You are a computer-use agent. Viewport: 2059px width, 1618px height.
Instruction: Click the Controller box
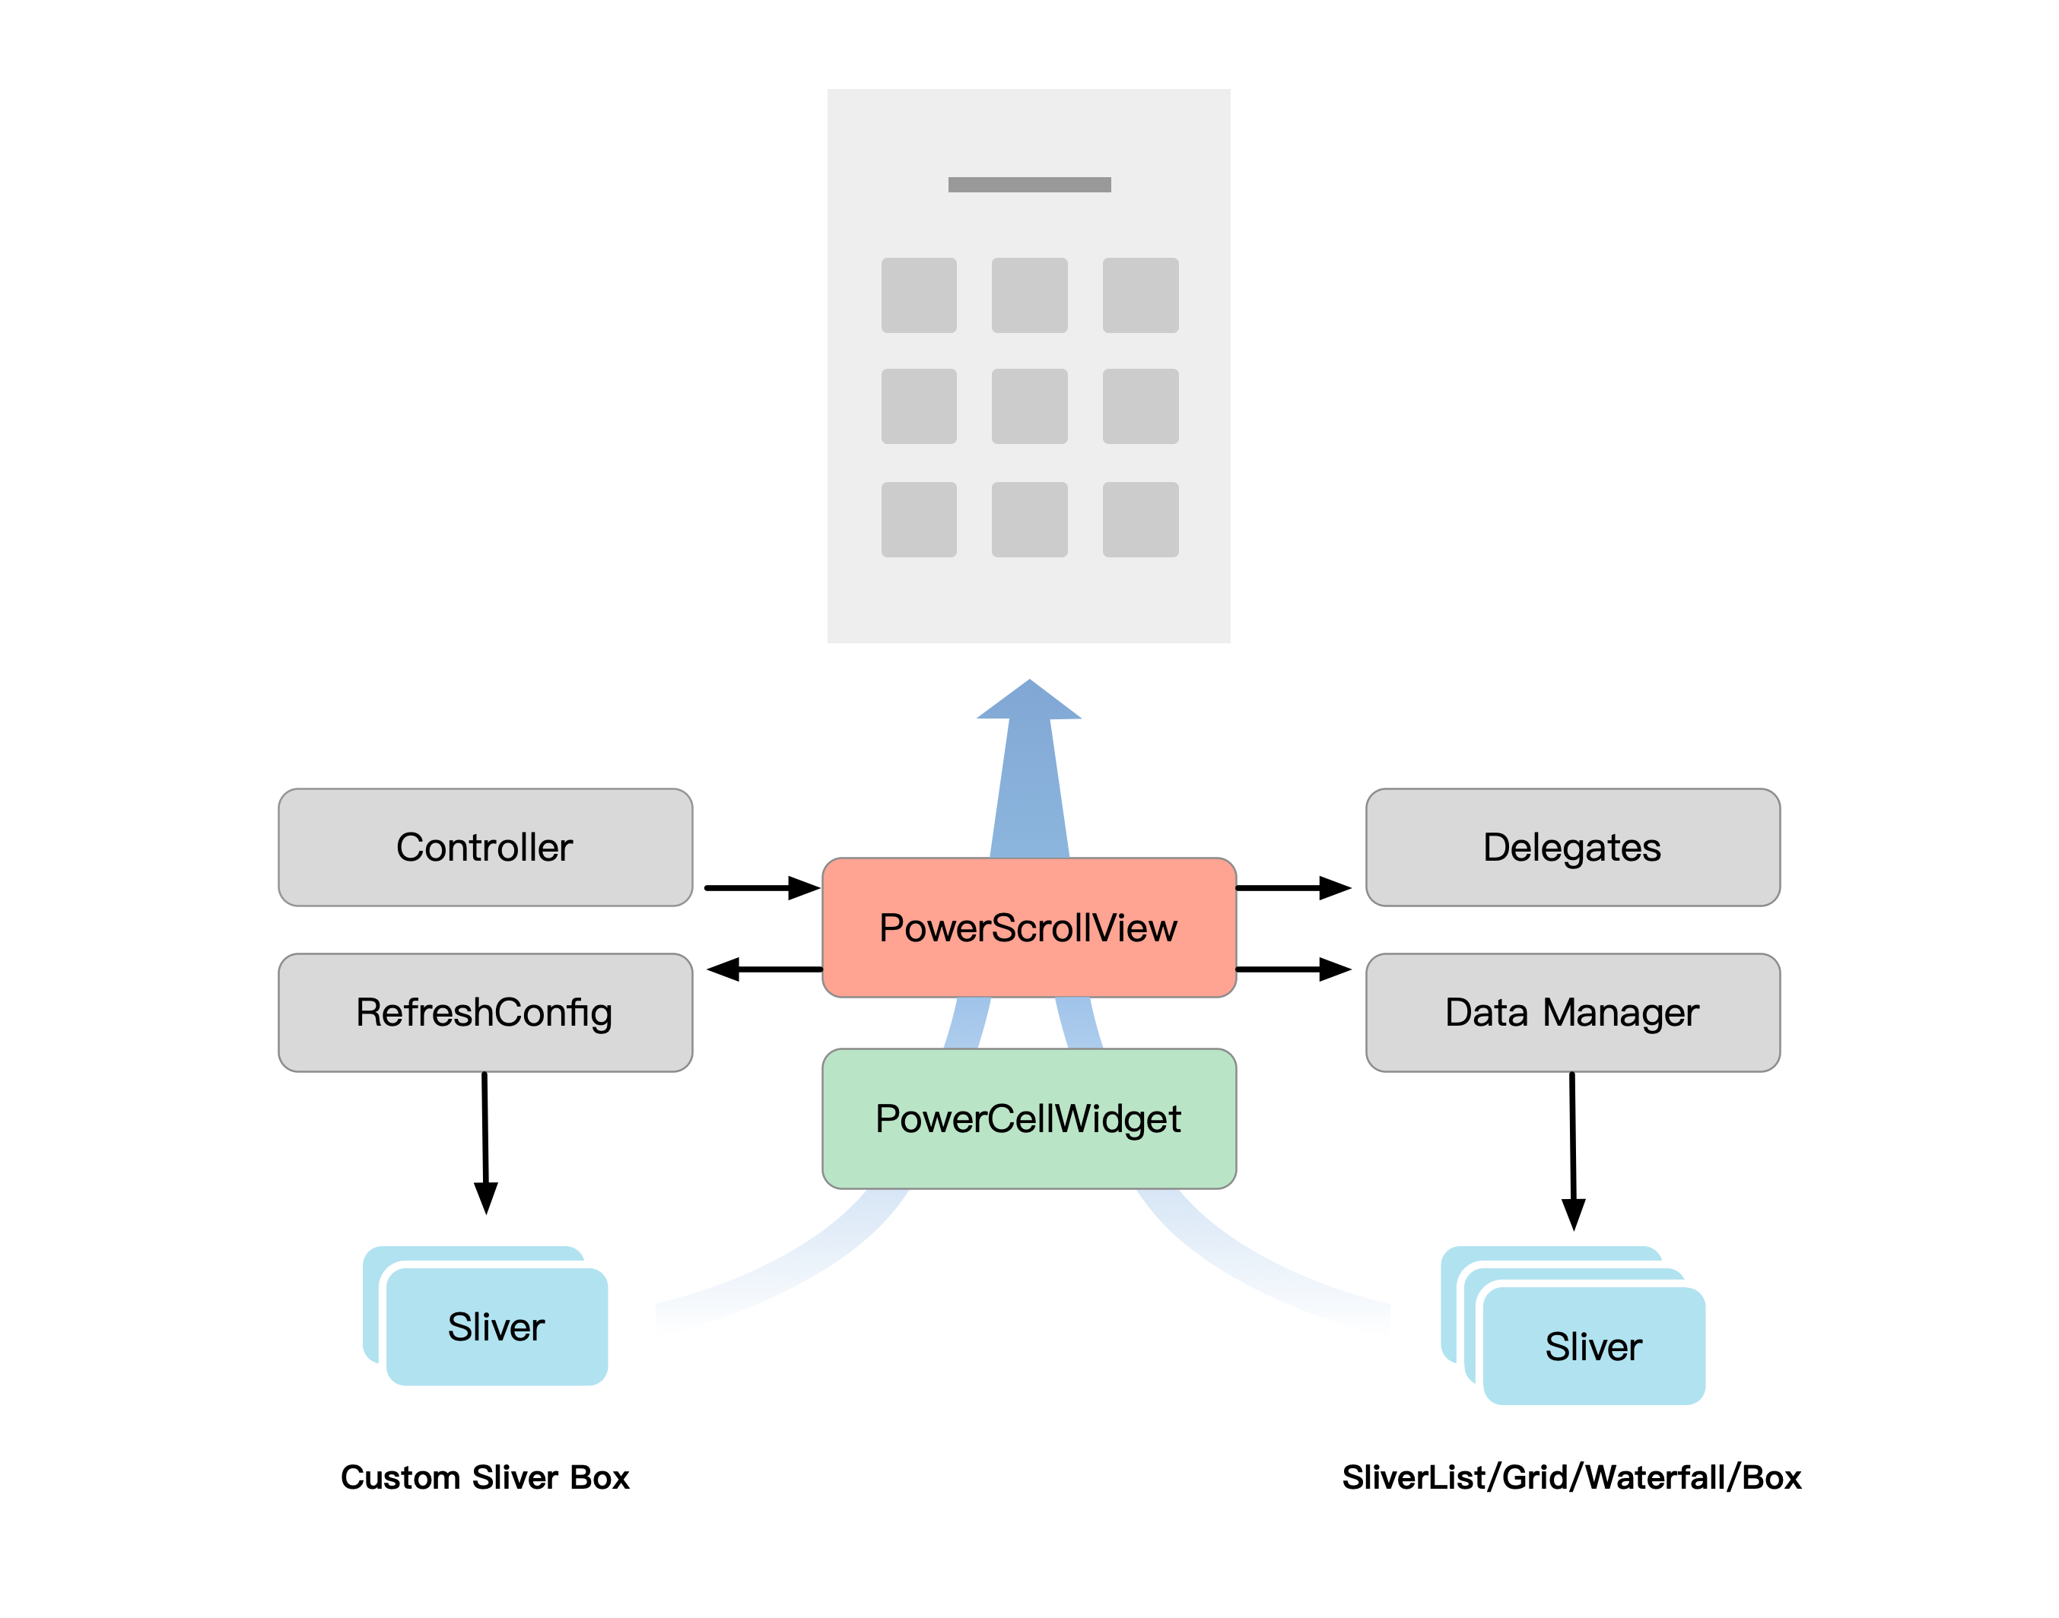pyautogui.click(x=485, y=847)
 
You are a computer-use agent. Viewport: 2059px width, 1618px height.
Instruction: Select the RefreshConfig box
pyautogui.click(x=485, y=1012)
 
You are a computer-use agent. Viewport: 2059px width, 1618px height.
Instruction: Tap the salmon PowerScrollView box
pyautogui.click(x=1029, y=928)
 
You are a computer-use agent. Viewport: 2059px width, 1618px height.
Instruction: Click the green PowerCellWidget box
pyautogui.click(x=1029, y=1118)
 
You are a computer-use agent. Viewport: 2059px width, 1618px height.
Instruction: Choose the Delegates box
pyautogui.click(x=1572, y=847)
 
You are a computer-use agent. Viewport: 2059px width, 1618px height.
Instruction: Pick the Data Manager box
pyautogui.click(x=1572, y=1012)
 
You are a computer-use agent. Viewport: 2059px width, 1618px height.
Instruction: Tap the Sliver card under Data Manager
pyautogui.click(x=1593, y=1346)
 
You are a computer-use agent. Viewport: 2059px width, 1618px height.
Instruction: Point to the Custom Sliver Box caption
pyautogui.click(x=485, y=1478)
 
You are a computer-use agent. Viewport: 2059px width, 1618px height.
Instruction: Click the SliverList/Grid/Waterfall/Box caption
pyautogui.click(x=1572, y=1478)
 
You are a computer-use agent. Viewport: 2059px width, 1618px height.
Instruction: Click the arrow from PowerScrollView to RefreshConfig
pyautogui.click(x=764, y=969)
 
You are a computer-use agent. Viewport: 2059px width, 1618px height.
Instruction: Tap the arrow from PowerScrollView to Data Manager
pyautogui.click(x=1293, y=969)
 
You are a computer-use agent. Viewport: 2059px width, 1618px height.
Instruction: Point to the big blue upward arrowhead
pyautogui.click(x=1029, y=702)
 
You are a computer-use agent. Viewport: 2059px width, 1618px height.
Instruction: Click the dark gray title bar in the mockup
pyautogui.click(x=1029, y=185)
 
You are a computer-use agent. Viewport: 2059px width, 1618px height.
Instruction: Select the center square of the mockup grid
pyautogui.click(x=1029, y=406)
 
